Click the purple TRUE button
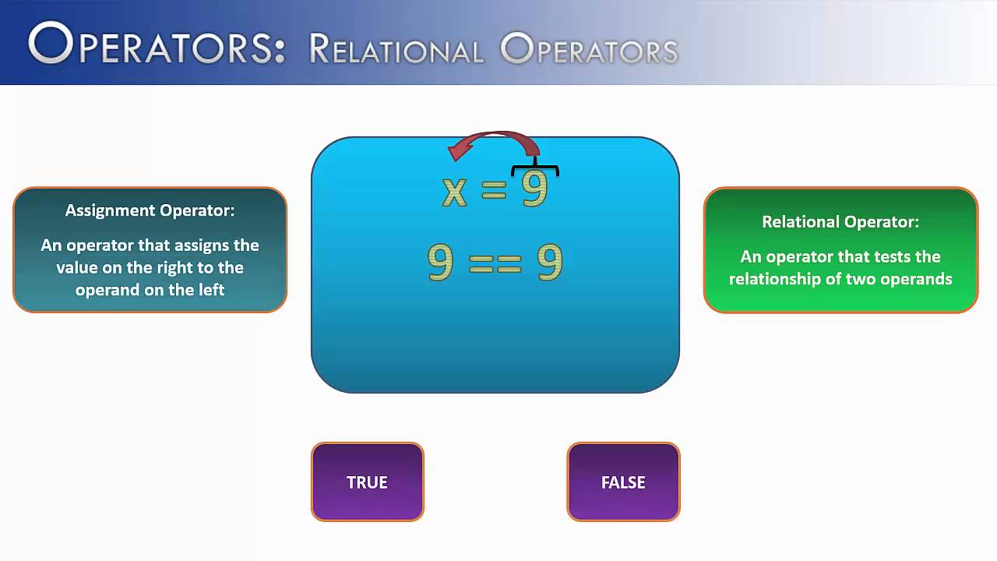click(x=367, y=482)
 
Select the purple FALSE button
click(x=623, y=482)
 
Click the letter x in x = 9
click(x=454, y=192)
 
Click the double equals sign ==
click(x=495, y=265)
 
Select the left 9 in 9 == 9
click(x=440, y=263)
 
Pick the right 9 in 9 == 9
click(x=549, y=263)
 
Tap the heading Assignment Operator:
click(x=150, y=210)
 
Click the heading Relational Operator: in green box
click(x=840, y=222)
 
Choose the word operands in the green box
click(x=918, y=279)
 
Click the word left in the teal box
click(x=210, y=290)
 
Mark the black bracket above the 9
click(x=535, y=169)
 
